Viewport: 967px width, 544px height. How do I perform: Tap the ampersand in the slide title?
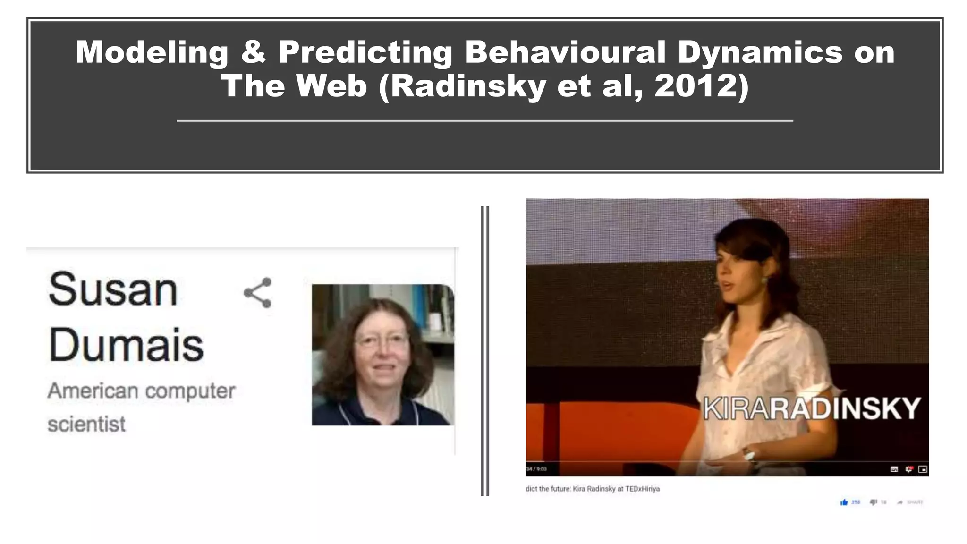pos(254,52)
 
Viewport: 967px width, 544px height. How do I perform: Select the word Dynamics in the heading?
pos(760,53)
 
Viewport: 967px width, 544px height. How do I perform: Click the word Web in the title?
pos(331,86)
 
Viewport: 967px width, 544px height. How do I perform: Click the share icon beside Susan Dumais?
pos(258,293)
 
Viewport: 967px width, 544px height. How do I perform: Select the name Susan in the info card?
pos(113,289)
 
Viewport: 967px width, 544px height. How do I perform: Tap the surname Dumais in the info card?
pos(126,345)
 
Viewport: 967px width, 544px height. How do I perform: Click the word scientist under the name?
pos(86,424)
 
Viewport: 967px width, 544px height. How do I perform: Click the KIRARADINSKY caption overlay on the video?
pos(812,408)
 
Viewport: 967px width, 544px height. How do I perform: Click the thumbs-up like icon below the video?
pos(844,502)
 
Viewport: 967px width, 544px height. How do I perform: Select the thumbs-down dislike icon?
pos(874,502)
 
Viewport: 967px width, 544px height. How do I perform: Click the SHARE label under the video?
pos(915,502)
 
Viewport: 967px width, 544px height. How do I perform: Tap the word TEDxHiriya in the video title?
pos(642,489)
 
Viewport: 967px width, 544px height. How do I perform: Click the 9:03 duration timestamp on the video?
pos(541,469)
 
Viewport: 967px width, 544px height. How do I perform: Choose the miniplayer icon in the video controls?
pos(923,469)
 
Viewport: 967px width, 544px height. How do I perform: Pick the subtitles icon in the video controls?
pos(894,469)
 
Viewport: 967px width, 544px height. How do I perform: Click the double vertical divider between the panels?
pos(485,350)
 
